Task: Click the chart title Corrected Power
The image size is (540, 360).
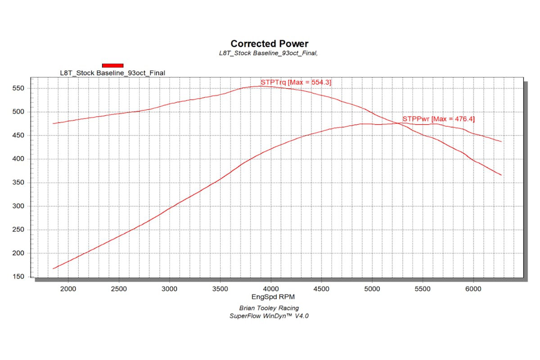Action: [270, 44]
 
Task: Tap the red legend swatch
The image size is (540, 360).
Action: [112, 66]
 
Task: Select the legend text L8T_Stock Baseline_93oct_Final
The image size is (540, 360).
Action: [112, 73]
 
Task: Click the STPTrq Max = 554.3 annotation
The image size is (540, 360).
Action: [296, 82]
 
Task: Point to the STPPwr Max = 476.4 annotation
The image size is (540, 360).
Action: [438, 119]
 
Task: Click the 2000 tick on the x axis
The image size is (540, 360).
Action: [68, 288]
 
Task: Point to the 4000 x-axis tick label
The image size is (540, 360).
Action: [270, 288]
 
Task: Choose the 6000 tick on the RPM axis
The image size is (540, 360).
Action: [473, 288]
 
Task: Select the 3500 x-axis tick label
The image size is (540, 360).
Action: [220, 288]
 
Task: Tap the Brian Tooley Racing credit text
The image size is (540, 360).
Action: [270, 308]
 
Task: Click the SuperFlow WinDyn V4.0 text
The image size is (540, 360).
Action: [270, 316]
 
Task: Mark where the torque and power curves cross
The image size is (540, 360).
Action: [398, 123]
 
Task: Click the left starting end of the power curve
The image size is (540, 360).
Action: [54, 269]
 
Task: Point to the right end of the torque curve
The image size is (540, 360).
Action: [501, 175]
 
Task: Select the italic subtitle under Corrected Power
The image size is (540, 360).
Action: [269, 53]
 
